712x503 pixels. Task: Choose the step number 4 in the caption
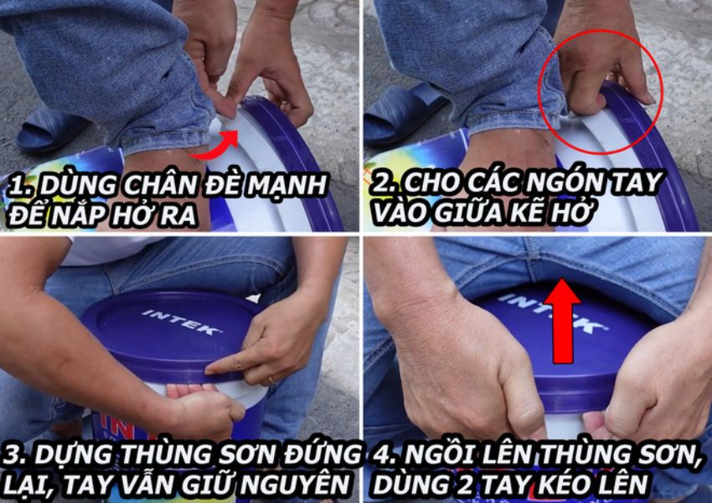379,455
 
